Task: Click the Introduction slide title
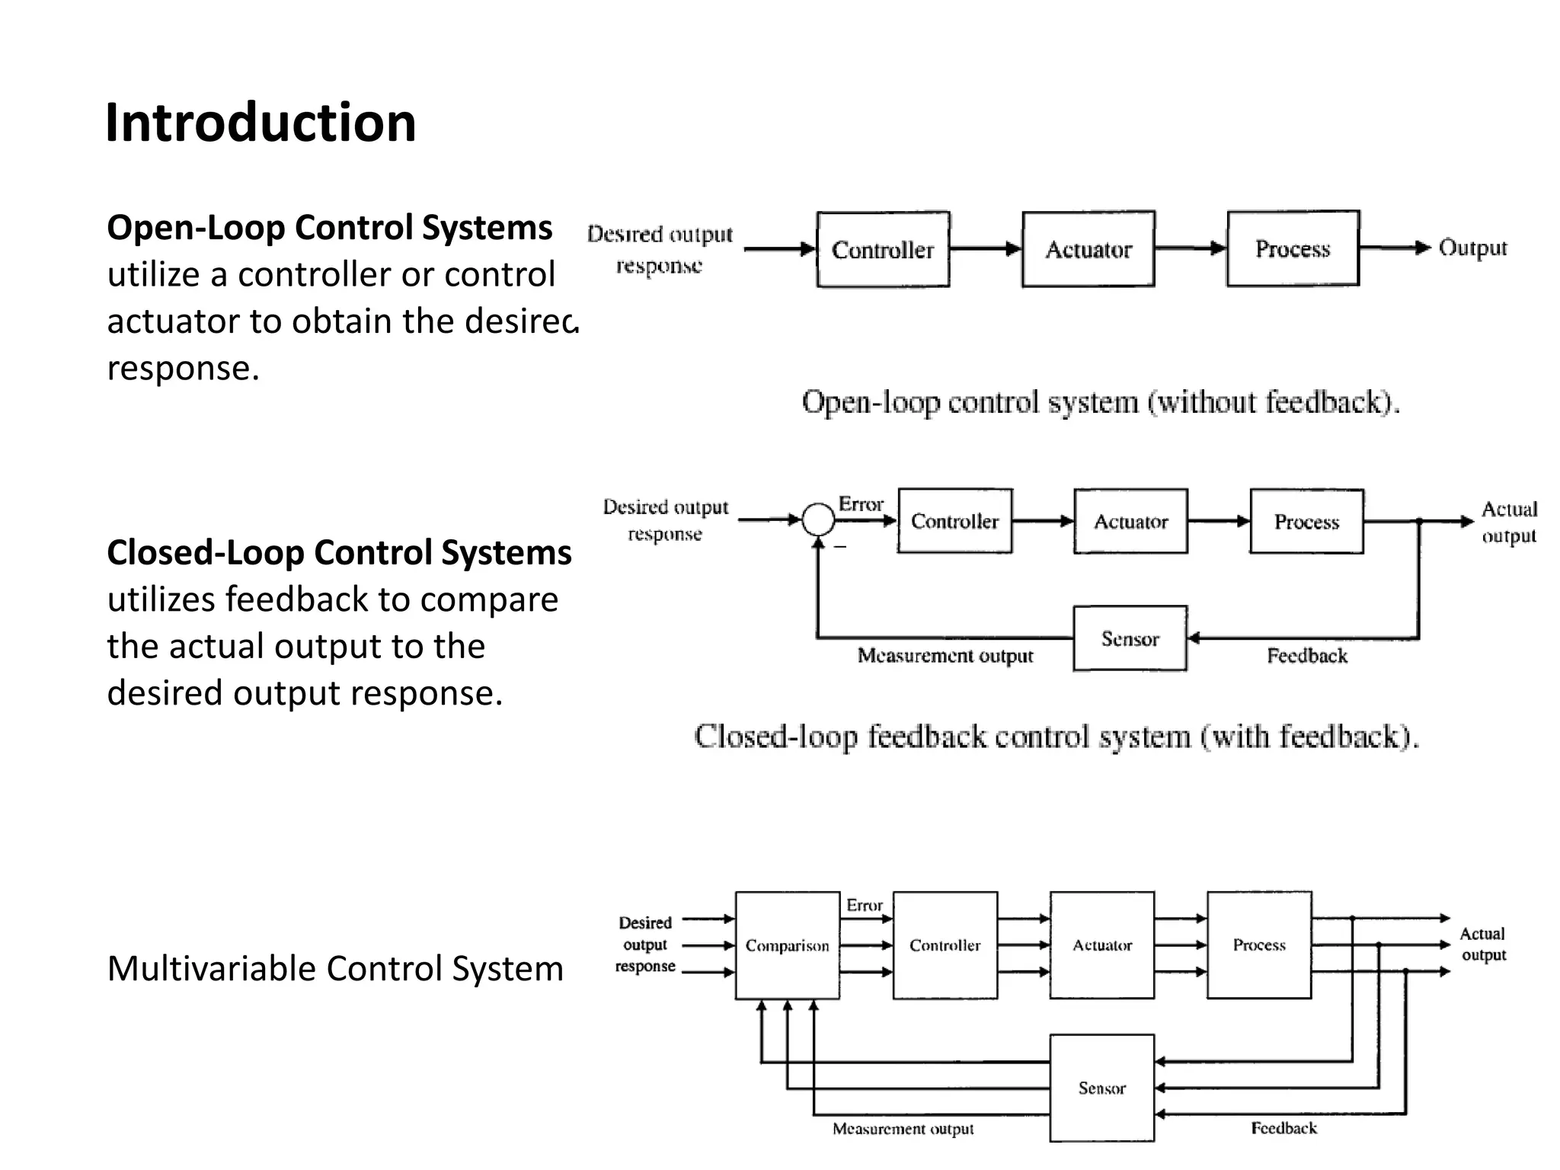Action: [x=261, y=123]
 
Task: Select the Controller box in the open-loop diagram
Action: [x=883, y=249]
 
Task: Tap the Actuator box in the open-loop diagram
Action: [x=1088, y=249]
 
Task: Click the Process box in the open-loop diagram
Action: [x=1293, y=248]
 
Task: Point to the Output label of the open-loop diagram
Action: [x=1472, y=248]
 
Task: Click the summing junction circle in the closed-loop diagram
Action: [x=819, y=520]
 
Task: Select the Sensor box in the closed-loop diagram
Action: [x=1130, y=638]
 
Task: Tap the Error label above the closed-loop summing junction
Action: [x=861, y=503]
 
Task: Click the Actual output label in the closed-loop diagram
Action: [x=1509, y=522]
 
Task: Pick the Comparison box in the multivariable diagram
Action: [x=787, y=945]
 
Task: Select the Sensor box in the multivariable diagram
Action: [x=1101, y=1088]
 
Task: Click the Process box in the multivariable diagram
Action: [x=1259, y=945]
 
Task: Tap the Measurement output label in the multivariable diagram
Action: [x=903, y=1128]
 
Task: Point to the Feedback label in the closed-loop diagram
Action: [x=1307, y=656]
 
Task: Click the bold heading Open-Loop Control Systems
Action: [x=329, y=228]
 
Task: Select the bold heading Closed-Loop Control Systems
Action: [x=339, y=552]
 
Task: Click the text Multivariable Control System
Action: [x=335, y=969]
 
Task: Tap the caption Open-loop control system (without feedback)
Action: [x=1101, y=401]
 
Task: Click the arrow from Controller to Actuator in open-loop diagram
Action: [x=986, y=249]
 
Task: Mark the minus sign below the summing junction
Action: [x=840, y=547]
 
